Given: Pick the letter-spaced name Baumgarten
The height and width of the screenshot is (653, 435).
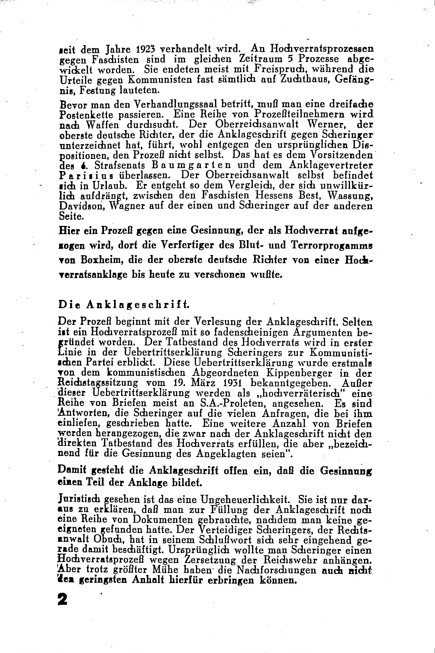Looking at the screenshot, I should (191, 165).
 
